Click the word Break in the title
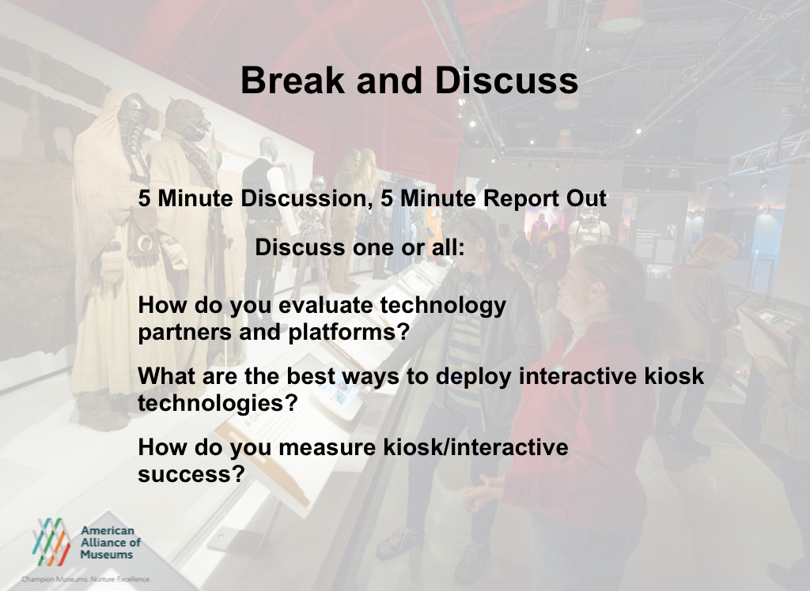pos(293,80)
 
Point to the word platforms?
pos(349,332)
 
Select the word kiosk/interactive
pos(475,447)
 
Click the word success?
pos(191,474)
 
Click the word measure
pos(327,448)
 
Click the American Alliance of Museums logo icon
pos(51,541)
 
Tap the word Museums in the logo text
pos(107,555)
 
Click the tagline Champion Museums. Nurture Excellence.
pos(85,580)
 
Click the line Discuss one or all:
pos(360,247)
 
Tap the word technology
pos(443,305)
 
